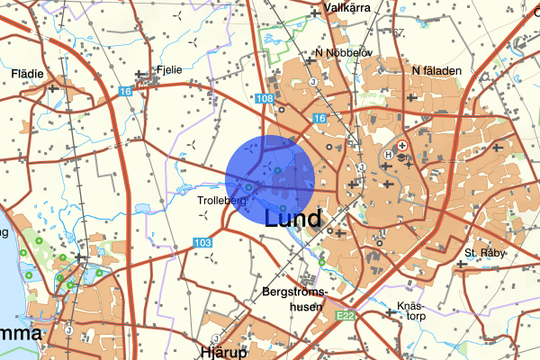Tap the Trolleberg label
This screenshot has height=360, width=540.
222,201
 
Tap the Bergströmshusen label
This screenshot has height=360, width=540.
296,300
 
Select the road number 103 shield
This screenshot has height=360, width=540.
202,243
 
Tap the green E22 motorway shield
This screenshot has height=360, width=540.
343,316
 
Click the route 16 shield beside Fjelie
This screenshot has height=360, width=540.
125,91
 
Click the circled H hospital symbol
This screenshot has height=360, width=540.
389,154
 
